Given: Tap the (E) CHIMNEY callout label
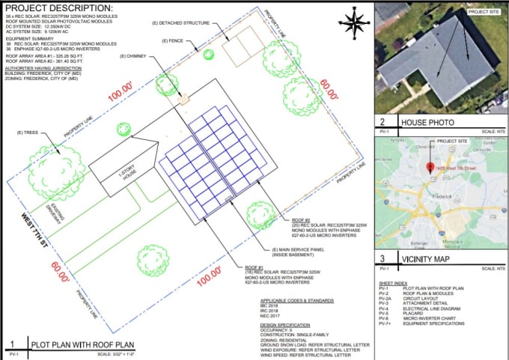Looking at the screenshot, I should click(135, 56).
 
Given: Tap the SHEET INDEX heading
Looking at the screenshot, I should click(392, 283).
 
